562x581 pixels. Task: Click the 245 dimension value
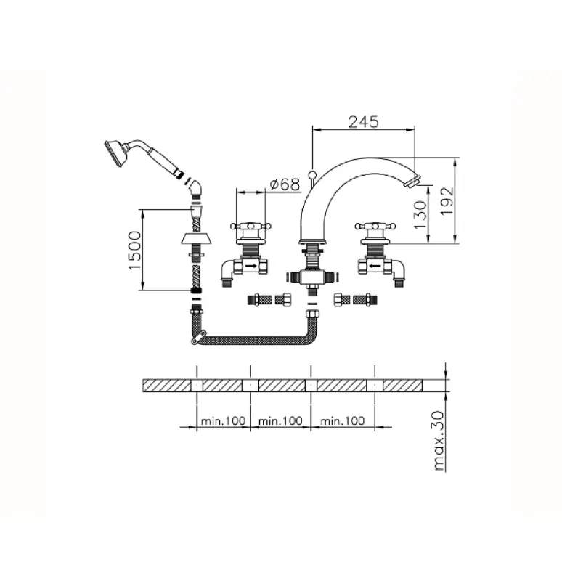click(x=363, y=121)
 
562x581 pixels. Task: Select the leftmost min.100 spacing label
click(x=223, y=420)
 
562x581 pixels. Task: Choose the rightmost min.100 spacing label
click(x=342, y=420)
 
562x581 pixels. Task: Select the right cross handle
click(x=375, y=229)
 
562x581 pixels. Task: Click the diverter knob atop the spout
click(x=313, y=174)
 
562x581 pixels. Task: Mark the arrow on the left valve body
click(x=251, y=267)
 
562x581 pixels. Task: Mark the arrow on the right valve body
click(x=375, y=267)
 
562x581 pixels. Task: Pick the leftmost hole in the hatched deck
click(x=197, y=383)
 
